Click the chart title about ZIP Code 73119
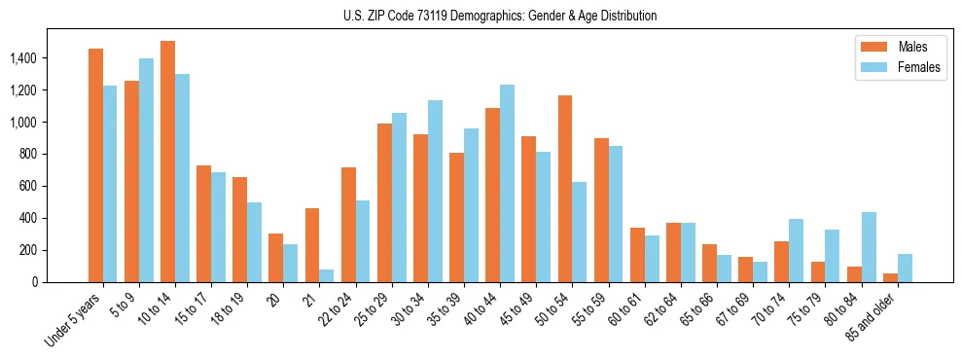pyautogui.click(x=500, y=16)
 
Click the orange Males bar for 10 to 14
pyautogui.click(x=167, y=162)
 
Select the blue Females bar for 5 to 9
pyautogui.click(x=146, y=170)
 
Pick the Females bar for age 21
pyautogui.click(x=327, y=275)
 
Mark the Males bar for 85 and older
pyautogui.click(x=891, y=278)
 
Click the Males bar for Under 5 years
pyautogui.click(x=95, y=165)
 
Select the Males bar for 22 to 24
pyautogui.click(x=348, y=225)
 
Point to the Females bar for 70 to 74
pyautogui.click(x=797, y=250)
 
